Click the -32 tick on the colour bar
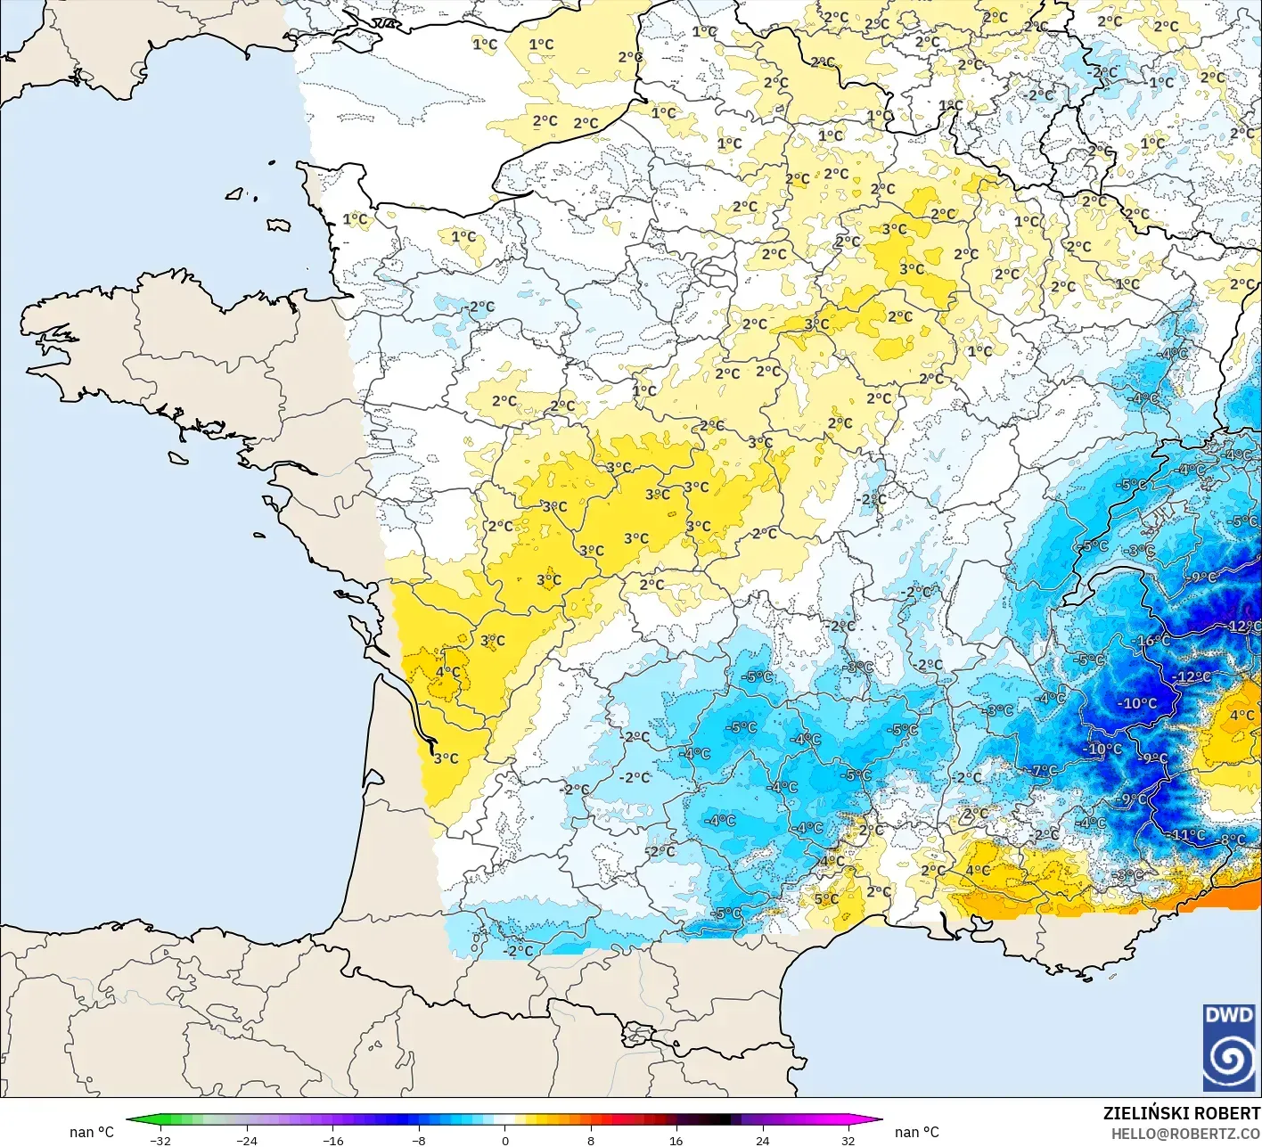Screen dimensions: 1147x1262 (160, 1140)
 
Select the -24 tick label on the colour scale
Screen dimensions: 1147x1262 (246, 1140)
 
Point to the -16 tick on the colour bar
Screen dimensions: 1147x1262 (332, 1140)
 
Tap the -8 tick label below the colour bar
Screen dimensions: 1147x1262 (419, 1140)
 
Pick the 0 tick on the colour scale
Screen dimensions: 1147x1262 (504, 1140)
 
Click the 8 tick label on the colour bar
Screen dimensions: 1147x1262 (590, 1140)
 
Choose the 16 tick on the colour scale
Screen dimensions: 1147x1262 (676, 1140)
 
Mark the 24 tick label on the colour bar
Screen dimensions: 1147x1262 (762, 1140)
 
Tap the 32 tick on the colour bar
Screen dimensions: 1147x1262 (848, 1140)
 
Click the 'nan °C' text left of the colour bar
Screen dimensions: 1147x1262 (92, 1132)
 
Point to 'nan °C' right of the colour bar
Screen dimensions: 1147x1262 (916, 1132)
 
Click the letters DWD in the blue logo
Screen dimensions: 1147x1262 (1229, 1016)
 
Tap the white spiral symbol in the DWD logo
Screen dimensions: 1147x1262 (1230, 1059)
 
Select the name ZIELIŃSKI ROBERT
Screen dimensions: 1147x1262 (1182, 1113)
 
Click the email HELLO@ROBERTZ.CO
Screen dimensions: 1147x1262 (1185, 1133)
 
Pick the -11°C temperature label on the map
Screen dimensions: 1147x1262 (1188, 835)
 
